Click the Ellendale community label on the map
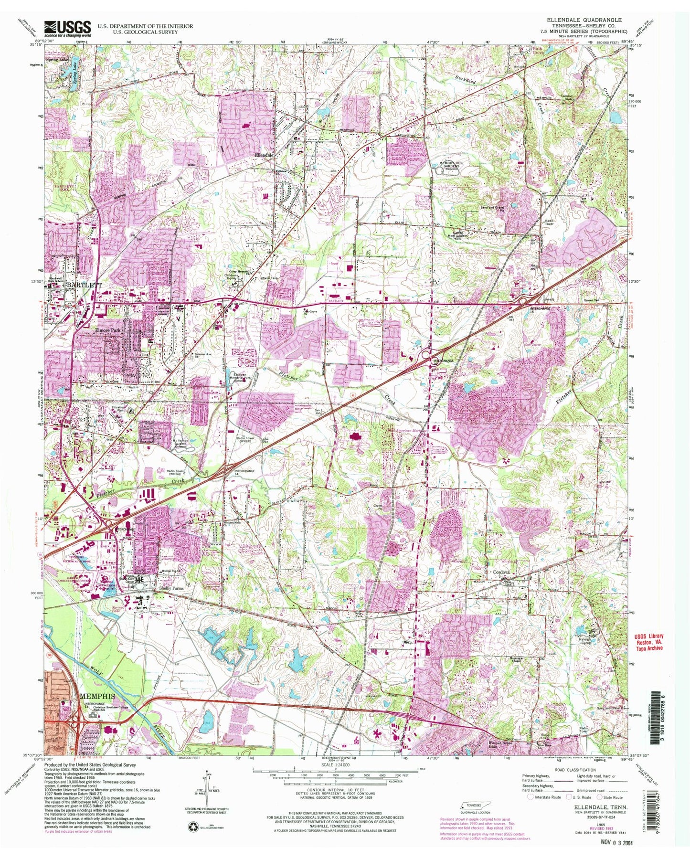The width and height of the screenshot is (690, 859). pos(264,156)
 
